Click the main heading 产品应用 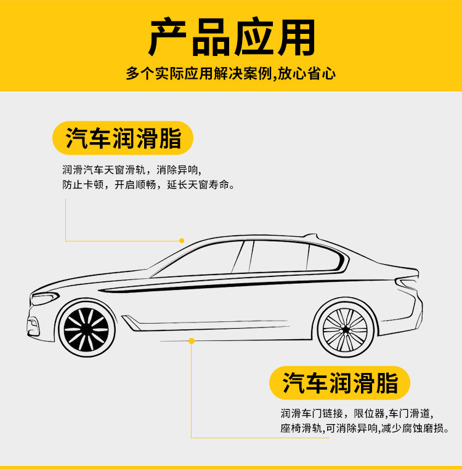click(232, 38)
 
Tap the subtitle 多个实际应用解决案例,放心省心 click(231, 74)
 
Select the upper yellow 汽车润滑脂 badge click(123, 137)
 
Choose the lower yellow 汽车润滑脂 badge click(340, 383)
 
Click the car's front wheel click(86, 326)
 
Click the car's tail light click(408, 284)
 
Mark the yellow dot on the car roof click(182, 240)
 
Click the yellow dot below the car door click(192, 340)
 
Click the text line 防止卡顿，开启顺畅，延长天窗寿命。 click(148, 184)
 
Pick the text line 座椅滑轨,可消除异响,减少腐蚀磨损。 click(365, 428)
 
